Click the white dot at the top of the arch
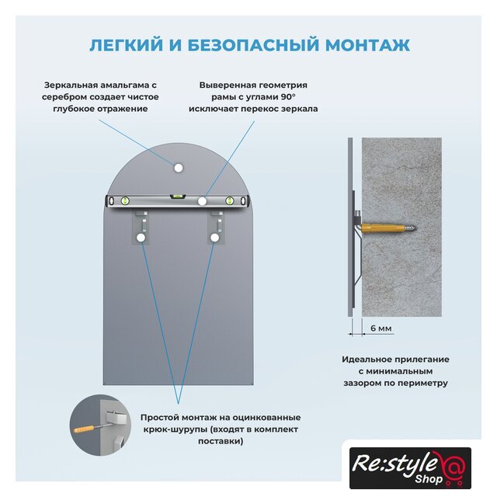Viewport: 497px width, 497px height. click(179, 168)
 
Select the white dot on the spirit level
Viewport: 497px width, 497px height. click(202, 201)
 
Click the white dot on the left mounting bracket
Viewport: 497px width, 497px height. click(141, 238)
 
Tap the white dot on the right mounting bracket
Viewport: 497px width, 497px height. click(215, 238)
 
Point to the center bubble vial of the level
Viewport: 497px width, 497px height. click(178, 196)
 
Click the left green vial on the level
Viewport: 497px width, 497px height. click(125, 200)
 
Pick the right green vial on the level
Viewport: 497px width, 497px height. click(230, 200)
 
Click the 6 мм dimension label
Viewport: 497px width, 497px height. click(381, 328)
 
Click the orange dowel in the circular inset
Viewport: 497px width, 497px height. click(84, 429)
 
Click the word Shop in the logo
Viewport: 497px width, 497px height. click(429, 478)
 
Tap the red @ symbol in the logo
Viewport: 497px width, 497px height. click(453, 466)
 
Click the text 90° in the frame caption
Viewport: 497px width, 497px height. click(287, 96)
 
